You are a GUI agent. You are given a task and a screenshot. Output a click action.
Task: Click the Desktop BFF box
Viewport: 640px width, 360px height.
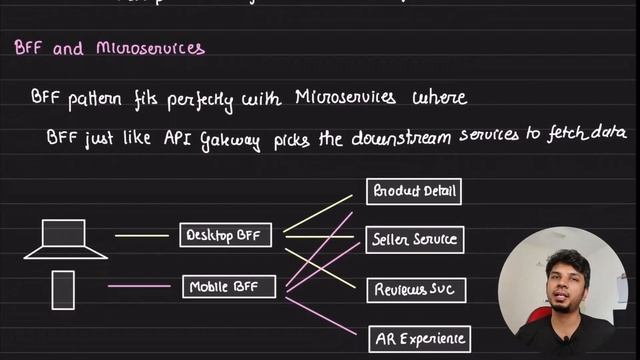[x=226, y=235]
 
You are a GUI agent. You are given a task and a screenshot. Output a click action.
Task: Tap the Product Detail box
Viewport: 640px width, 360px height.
[x=414, y=191]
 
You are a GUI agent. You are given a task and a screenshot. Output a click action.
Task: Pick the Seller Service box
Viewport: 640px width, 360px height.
[x=414, y=240]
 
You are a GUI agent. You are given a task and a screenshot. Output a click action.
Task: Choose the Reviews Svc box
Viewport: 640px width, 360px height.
[x=414, y=290]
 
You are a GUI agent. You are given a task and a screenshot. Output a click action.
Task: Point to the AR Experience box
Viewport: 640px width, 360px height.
[x=418, y=339]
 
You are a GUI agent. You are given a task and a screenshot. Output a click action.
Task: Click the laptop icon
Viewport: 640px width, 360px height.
[x=65, y=239]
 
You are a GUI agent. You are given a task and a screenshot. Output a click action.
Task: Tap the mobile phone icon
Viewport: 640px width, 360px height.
[x=63, y=290]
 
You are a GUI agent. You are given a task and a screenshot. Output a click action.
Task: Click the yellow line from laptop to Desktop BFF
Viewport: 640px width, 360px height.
[x=141, y=236]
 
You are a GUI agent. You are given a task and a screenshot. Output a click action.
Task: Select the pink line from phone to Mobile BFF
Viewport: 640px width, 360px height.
[x=139, y=286]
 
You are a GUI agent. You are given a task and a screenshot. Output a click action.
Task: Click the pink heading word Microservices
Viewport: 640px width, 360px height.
[x=150, y=48]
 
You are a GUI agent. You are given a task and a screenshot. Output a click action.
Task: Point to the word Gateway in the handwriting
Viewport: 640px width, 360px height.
[x=229, y=140]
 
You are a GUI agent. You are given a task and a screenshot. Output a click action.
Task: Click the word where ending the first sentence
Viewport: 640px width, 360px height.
[x=436, y=98]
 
